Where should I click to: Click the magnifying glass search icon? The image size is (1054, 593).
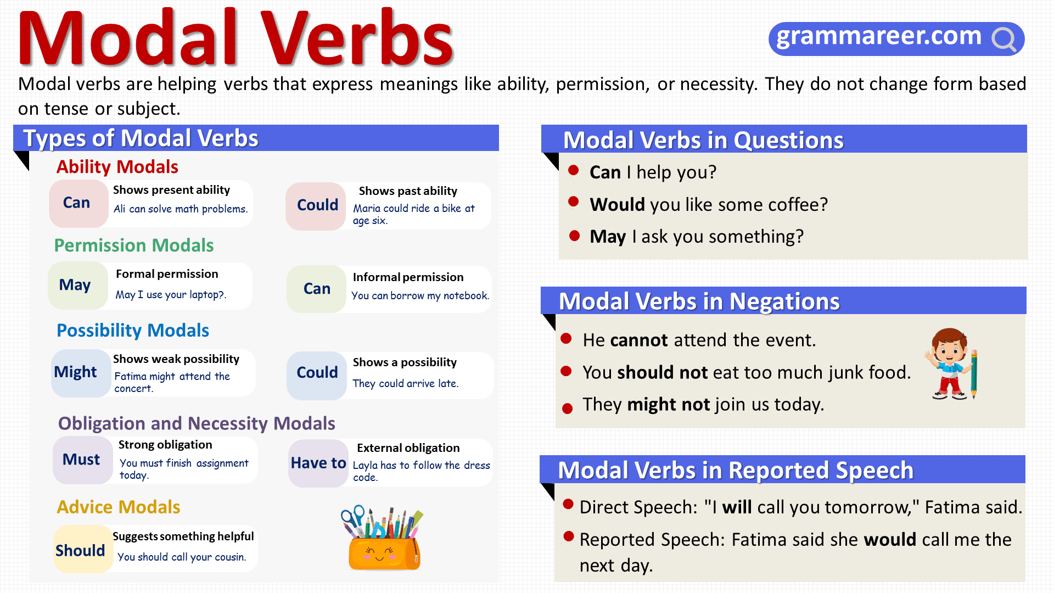1004,39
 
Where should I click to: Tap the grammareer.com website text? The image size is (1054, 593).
878,36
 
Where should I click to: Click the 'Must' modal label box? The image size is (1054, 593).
82,460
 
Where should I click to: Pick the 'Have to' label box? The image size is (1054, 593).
318,463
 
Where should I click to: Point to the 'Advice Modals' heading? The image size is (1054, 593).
119,507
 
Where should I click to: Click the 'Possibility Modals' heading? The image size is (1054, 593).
133,331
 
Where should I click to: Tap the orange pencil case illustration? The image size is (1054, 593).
384,551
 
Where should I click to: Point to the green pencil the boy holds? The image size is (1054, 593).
974,373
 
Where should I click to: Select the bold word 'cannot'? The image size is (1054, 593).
639,340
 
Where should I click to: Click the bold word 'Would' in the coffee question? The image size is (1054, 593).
617,205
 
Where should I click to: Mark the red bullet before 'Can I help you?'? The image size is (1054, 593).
574,170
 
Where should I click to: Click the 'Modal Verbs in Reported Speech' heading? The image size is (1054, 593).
736,471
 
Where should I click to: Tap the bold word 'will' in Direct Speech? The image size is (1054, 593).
737,507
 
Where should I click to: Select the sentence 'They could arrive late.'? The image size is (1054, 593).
405,384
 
